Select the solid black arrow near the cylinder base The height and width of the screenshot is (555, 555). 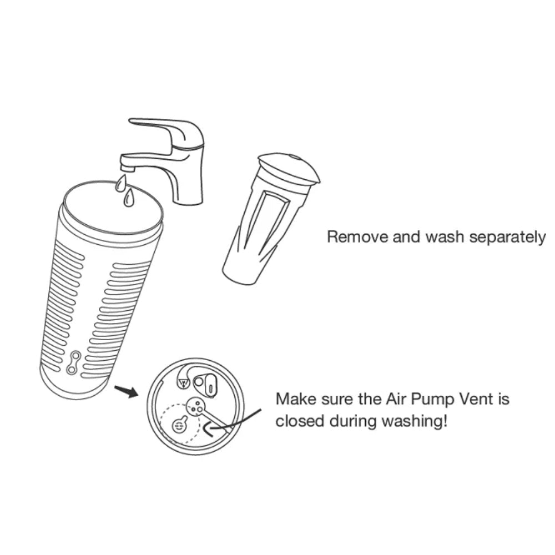pos(125,391)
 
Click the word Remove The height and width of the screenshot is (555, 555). pos(357,236)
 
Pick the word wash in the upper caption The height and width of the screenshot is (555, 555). pos(445,236)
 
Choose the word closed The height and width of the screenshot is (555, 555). pos(300,421)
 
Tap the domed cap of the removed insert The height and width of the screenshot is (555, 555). pos(289,169)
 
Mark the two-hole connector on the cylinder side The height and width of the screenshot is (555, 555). pos(74,362)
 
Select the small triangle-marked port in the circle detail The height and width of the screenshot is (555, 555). pos(183,383)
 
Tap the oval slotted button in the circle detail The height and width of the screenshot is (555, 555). pos(210,385)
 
